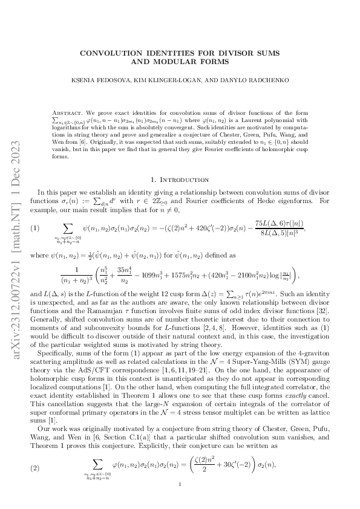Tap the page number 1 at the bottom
pos(180,484)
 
